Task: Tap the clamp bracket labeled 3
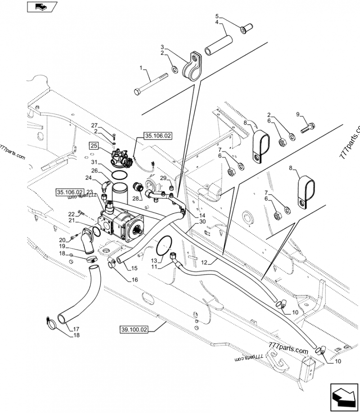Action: [x=193, y=68]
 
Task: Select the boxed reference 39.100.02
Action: [x=135, y=329]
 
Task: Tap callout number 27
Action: [x=94, y=125]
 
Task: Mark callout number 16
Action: [x=135, y=280]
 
